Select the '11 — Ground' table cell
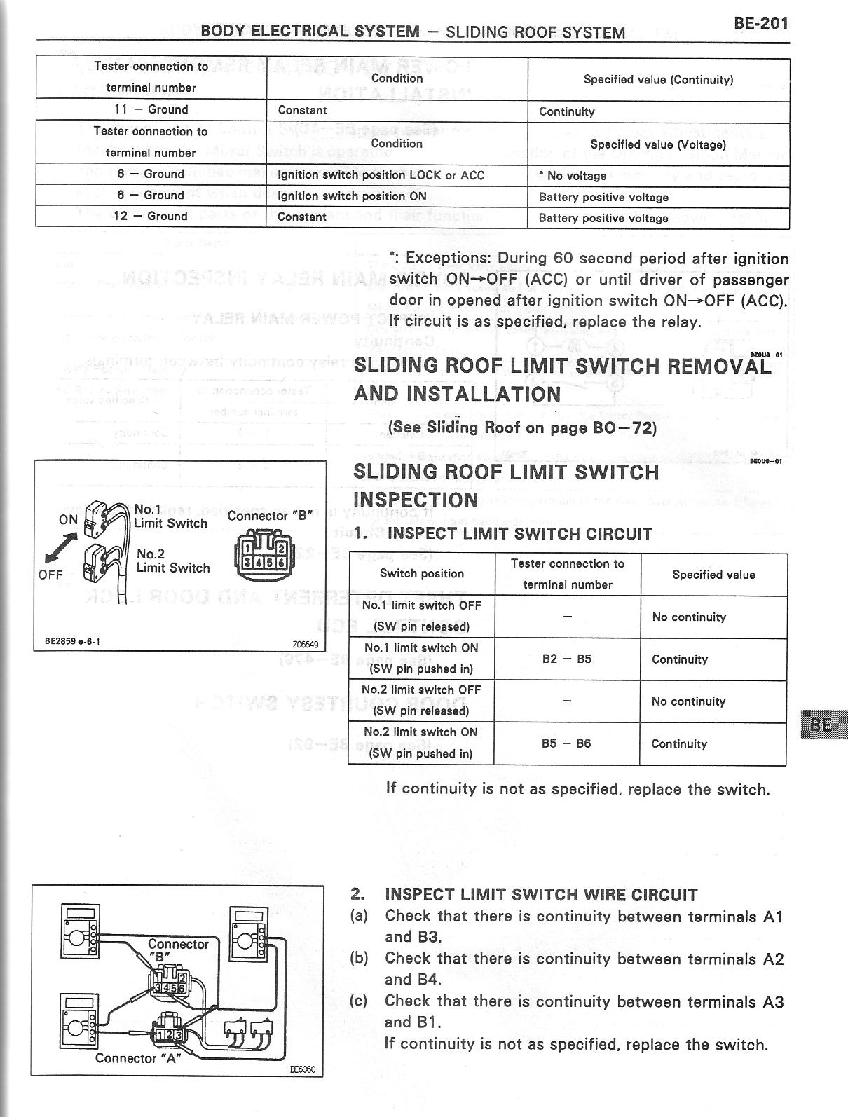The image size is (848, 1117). click(x=151, y=109)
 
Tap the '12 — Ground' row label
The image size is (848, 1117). click(x=151, y=216)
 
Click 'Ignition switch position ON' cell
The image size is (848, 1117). click(x=352, y=196)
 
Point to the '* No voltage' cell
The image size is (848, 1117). click(x=572, y=176)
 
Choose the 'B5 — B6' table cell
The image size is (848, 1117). click(x=566, y=743)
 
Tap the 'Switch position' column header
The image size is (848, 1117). click(x=421, y=573)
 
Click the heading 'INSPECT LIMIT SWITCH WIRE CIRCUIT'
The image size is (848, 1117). click(x=541, y=895)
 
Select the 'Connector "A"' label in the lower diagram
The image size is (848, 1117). click(x=138, y=1058)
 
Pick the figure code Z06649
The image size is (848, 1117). click(x=305, y=644)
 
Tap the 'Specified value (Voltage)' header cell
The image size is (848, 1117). click(x=657, y=144)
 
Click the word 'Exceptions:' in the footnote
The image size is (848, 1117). click(x=449, y=258)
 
